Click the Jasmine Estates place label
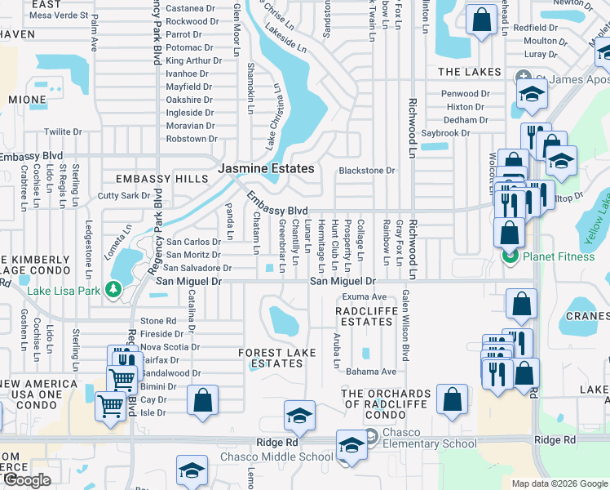265,168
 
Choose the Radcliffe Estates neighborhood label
366,316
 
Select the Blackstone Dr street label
367,171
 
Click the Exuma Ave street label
364,296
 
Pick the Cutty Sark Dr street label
124,196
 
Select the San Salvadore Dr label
197,268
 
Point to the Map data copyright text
559,483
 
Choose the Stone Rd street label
158,321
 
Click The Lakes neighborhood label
469,72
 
